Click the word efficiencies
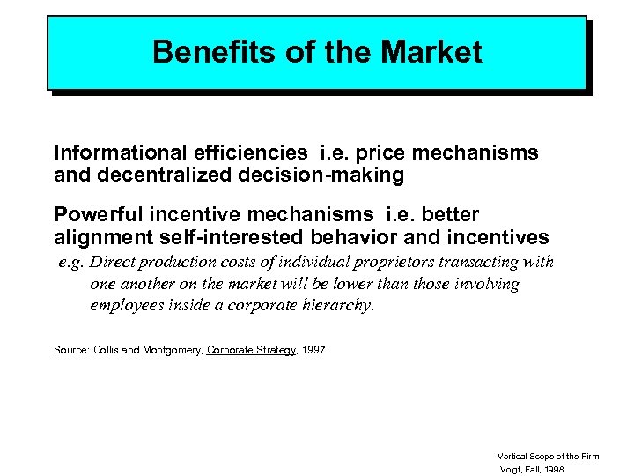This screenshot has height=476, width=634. pos(240,153)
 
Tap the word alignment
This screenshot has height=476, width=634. pos(99,237)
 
